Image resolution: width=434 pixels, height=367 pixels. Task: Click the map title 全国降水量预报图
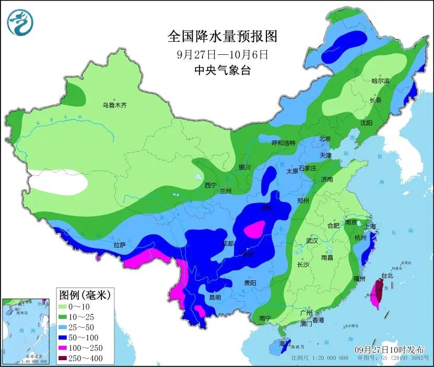coord(222,37)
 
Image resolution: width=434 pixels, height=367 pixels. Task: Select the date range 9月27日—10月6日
coord(222,54)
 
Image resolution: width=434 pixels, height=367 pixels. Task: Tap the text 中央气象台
coord(222,70)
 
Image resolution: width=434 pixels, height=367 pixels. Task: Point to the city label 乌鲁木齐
coord(114,105)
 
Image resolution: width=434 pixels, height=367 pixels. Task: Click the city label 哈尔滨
coord(381,81)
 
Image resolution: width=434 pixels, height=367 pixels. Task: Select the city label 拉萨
coord(120,244)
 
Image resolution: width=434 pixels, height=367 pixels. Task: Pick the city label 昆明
coord(215,298)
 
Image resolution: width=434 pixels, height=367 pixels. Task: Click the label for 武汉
coord(313,241)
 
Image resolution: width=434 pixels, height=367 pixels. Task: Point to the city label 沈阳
coord(366,123)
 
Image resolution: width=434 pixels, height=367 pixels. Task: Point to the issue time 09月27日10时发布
coord(389,349)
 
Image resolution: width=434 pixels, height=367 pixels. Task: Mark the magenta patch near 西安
coord(255,229)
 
